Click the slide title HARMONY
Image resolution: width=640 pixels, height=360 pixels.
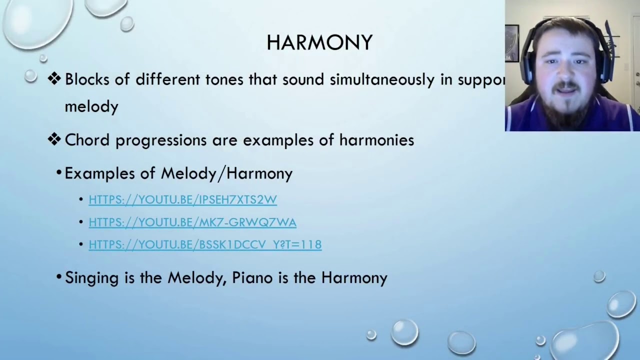point(319,43)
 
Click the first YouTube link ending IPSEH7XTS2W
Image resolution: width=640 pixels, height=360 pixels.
point(182,199)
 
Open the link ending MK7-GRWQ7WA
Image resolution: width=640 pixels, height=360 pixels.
point(192,222)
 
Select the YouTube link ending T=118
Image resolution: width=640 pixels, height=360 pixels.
point(205,244)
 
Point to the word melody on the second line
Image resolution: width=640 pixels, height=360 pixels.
point(91,106)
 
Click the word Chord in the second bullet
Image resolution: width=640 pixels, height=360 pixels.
point(87,140)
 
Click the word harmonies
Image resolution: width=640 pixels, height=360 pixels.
point(376,140)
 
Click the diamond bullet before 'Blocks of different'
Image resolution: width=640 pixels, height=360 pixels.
point(54,79)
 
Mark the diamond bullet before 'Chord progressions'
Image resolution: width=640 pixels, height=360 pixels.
point(54,139)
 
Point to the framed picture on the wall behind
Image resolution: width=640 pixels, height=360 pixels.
point(512,43)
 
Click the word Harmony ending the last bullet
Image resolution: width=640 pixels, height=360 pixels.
point(354,277)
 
